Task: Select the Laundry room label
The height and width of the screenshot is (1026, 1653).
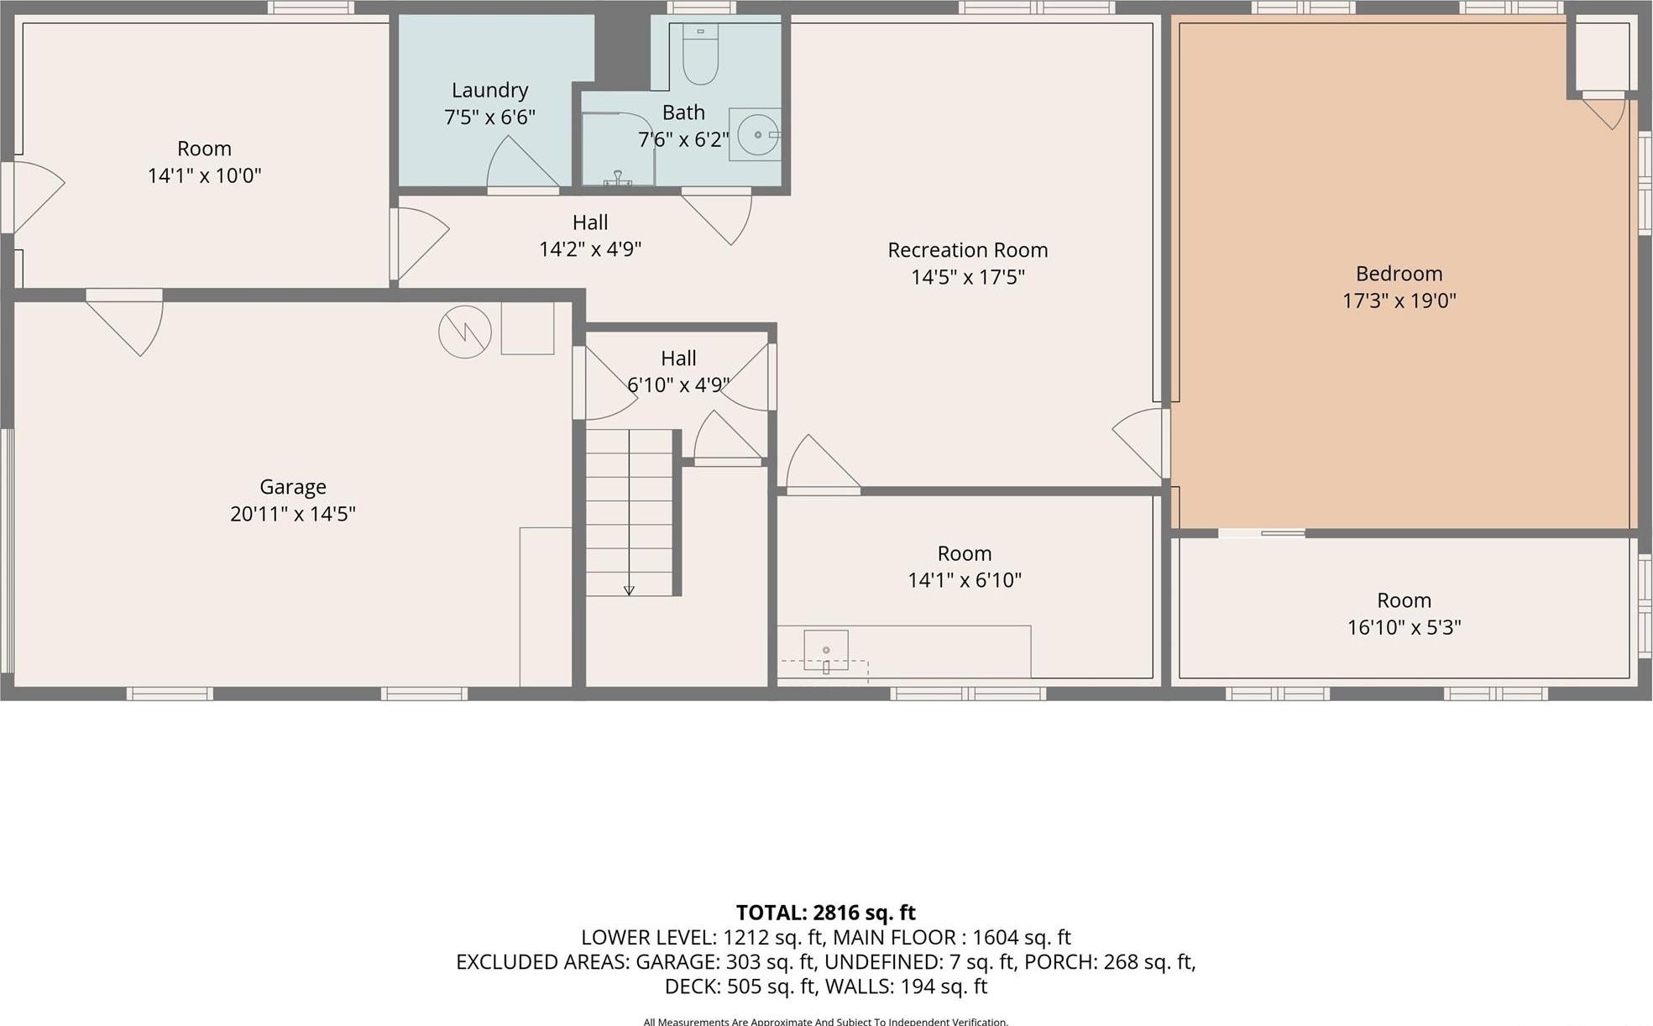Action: [x=489, y=91]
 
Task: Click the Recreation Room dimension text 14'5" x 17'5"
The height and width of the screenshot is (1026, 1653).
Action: [x=967, y=277]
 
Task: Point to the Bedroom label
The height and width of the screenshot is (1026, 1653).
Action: [x=1399, y=274]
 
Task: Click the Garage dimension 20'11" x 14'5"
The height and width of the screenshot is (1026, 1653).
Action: [x=292, y=514]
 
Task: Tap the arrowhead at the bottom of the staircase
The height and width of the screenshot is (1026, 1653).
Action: [x=629, y=590]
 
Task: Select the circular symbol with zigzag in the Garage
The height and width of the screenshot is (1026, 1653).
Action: [x=464, y=332]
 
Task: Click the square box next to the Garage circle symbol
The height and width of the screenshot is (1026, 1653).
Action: [x=527, y=328]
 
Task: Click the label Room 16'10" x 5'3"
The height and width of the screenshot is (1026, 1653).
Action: [x=1404, y=614]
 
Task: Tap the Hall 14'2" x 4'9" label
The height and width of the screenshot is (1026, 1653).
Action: [x=589, y=236]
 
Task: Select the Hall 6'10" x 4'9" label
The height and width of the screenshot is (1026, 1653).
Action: [x=677, y=371]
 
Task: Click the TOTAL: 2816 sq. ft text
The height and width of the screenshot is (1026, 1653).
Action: [x=825, y=913]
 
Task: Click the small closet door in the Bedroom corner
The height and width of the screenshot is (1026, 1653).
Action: [x=1605, y=112]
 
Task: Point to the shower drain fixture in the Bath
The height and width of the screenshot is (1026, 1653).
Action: [x=617, y=178]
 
